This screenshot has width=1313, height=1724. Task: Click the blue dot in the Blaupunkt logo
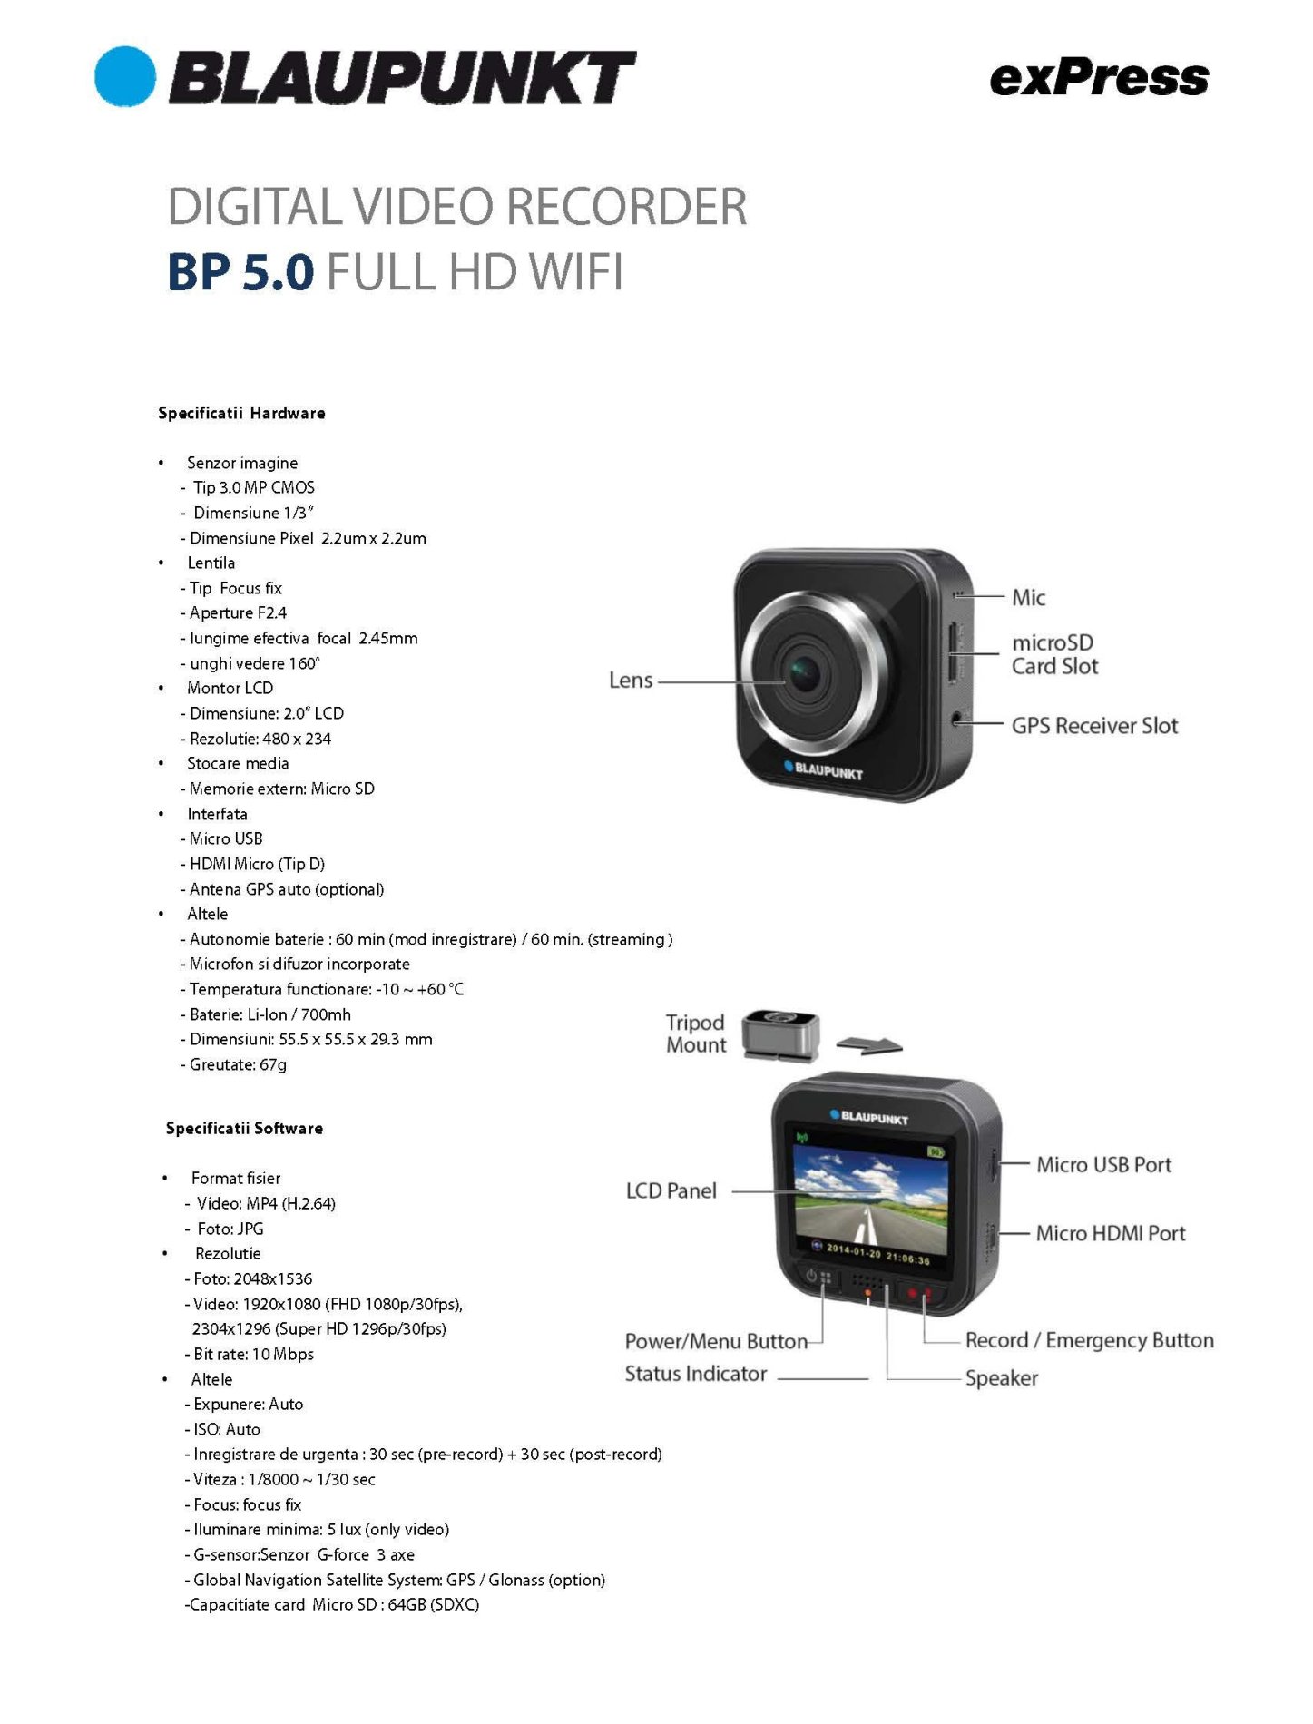(x=125, y=76)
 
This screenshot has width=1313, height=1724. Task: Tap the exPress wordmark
(x=1099, y=78)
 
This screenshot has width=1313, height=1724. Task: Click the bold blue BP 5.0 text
(x=241, y=271)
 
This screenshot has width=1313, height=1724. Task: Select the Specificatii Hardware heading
(x=241, y=413)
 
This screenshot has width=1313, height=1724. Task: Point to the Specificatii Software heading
(x=244, y=1128)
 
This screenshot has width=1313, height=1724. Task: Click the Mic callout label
(x=1028, y=597)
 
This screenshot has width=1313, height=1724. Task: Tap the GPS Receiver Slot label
(x=1094, y=725)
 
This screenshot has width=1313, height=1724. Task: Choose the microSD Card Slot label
(x=1054, y=654)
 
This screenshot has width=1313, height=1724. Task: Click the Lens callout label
(x=631, y=680)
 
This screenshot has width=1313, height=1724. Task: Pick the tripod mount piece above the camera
(x=780, y=1035)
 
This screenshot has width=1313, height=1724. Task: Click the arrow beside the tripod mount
(x=868, y=1045)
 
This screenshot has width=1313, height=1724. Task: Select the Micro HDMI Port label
(x=1111, y=1233)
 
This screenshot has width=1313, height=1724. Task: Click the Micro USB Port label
(x=1103, y=1164)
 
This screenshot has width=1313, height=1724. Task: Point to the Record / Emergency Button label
(x=1089, y=1340)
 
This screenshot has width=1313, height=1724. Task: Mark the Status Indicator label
(x=696, y=1374)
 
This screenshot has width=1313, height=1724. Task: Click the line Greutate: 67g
(x=238, y=1064)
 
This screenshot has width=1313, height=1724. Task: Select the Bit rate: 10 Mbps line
(x=250, y=1354)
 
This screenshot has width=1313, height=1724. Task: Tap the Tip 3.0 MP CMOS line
(x=248, y=487)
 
